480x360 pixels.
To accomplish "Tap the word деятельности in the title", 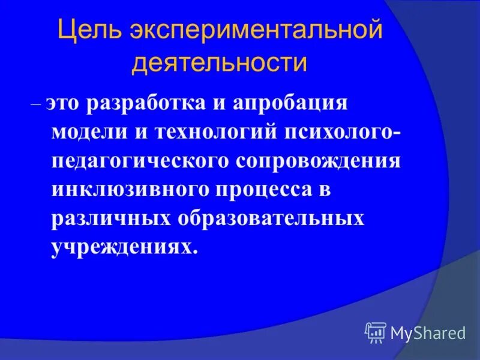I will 220,63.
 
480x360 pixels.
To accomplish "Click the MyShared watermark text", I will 428,332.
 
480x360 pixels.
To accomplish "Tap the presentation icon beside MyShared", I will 375,332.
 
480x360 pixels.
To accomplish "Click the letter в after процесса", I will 325,191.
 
